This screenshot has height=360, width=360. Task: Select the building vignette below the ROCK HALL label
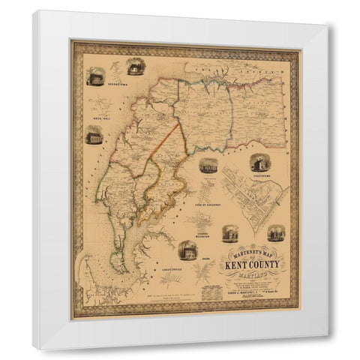[94, 136]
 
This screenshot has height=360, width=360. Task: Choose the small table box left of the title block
[212, 292]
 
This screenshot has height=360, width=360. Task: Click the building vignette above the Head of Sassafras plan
[208, 164]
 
